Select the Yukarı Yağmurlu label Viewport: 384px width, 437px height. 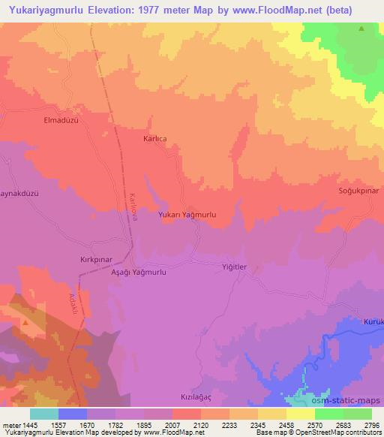tap(187, 215)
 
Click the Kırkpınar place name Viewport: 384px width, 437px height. tap(95, 258)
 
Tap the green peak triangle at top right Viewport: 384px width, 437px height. tap(361, 29)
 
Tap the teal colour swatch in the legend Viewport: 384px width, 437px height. tap(43, 414)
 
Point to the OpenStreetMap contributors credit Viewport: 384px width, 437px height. tap(342, 432)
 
